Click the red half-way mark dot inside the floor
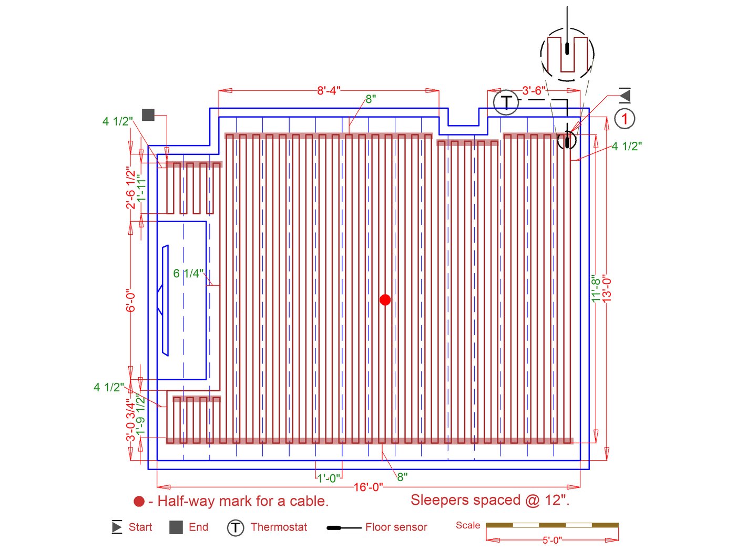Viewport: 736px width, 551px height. (385, 300)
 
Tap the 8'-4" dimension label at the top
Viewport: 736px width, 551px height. (329, 91)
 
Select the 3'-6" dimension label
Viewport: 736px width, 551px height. (534, 91)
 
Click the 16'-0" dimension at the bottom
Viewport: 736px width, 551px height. (368, 487)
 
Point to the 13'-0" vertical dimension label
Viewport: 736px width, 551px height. (608, 287)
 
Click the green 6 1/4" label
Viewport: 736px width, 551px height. (188, 274)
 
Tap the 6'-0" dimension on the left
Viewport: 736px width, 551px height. (131, 300)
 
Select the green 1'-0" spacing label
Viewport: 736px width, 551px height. (329, 479)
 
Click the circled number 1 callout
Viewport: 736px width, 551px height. (625, 119)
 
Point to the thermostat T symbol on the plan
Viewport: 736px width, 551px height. (506, 102)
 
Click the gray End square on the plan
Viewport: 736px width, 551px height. (148, 115)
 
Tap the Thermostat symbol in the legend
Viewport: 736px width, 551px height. (236, 528)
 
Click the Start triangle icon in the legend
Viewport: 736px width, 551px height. (117, 527)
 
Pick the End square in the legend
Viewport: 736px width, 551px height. (176, 527)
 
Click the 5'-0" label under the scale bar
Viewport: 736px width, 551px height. (552, 540)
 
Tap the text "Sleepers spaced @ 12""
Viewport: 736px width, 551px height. (490, 500)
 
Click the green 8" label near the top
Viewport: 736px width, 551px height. (371, 99)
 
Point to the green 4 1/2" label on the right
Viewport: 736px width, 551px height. (627, 147)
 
